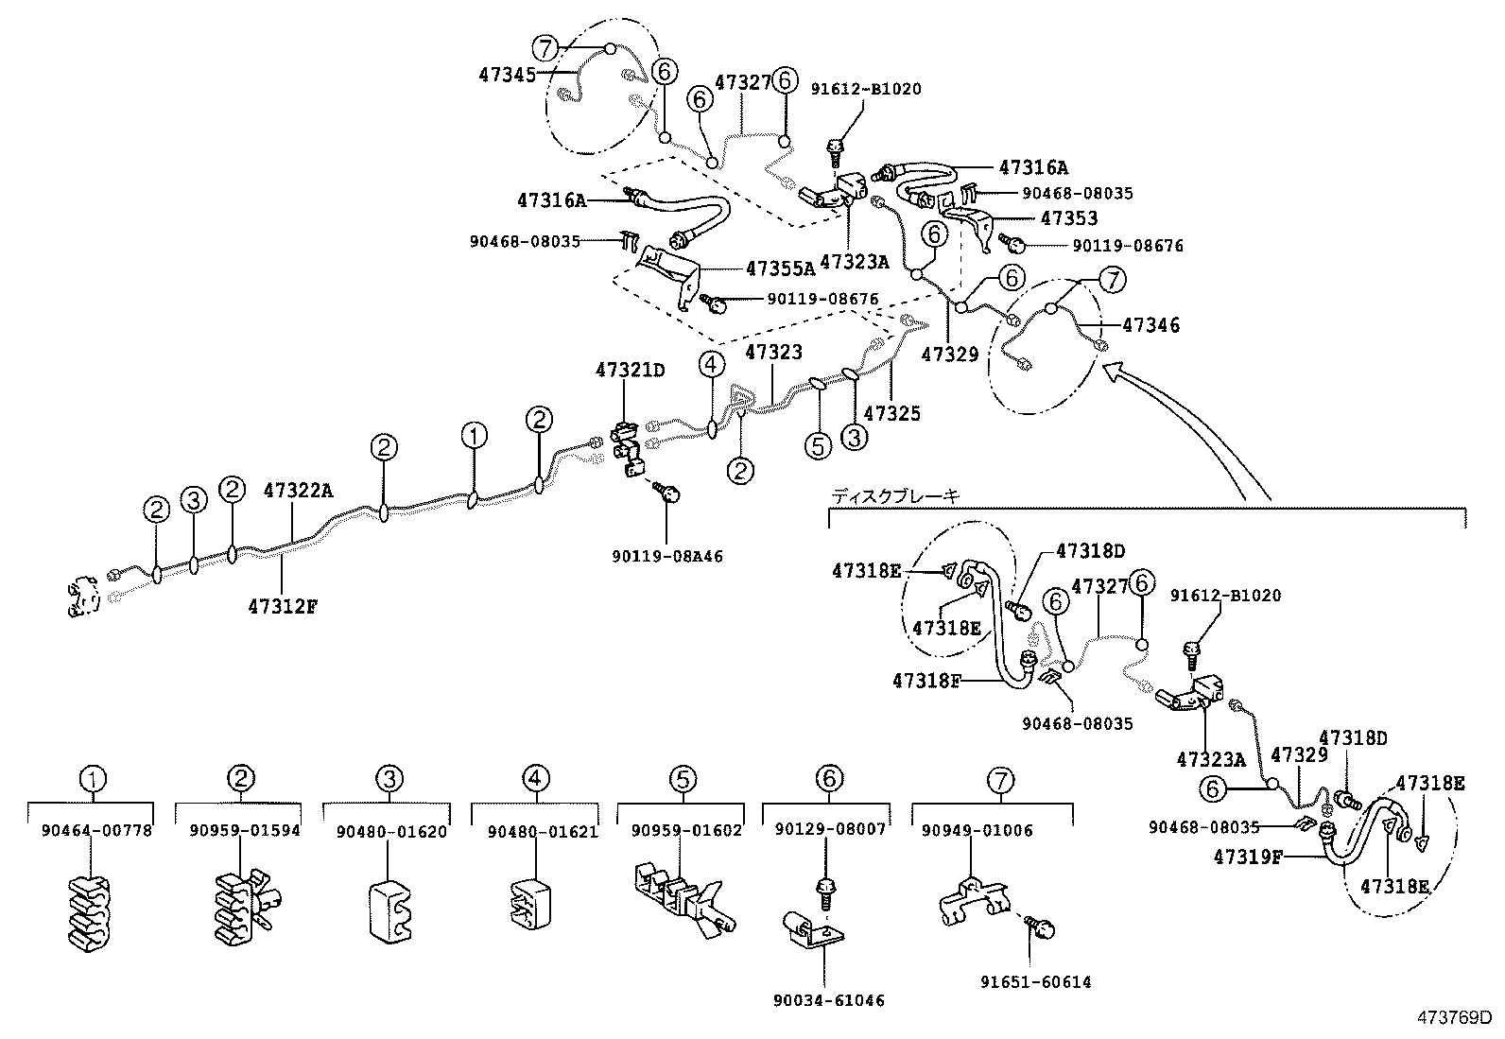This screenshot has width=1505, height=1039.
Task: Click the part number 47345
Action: point(508,74)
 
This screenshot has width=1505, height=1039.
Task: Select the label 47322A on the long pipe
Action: point(298,491)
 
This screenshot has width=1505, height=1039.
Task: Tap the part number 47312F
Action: point(283,606)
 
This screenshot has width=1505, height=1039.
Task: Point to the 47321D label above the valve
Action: point(630,371)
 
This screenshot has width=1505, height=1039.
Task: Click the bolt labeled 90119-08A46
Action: point(670,493)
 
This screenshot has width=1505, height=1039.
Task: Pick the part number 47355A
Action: point(780,268)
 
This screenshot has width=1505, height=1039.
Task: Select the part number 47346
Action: point(1150,325)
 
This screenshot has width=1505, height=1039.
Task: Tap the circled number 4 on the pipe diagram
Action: point(712,364)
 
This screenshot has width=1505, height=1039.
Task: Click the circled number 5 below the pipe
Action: point(819,444)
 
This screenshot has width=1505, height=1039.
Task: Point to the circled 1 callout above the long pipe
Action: point(475,436)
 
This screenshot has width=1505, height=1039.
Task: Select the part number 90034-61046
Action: point(827,1000)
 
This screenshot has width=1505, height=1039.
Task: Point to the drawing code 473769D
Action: point(1452,1018)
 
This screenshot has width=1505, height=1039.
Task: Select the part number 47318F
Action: point(927,679)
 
